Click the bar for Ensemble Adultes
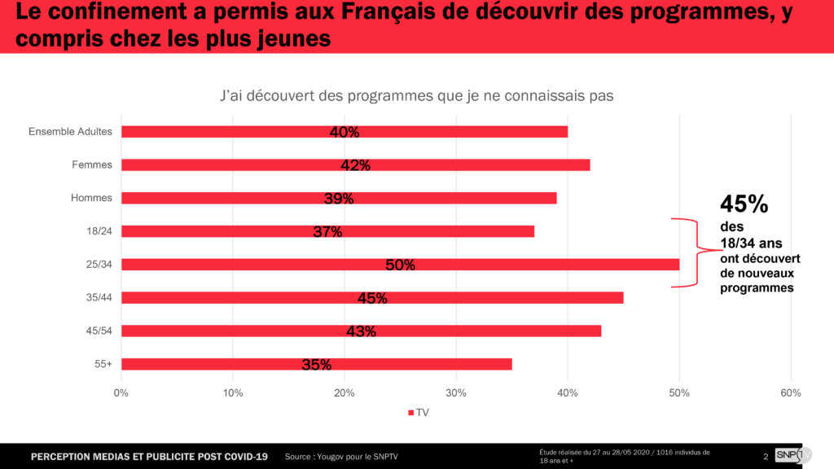[244, 132]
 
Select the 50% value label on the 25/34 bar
[401, 265]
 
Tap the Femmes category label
[92, 164]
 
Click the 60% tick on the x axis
[790, 393]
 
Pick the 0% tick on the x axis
[121, 393]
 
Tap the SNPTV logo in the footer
[789, 455]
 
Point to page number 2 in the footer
[766, 456]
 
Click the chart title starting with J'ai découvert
[416, 95]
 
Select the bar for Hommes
[244, 198]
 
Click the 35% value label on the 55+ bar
[316, 365]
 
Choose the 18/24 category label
[99, 231]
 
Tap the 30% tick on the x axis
[456, 393]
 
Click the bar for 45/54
[244, 331]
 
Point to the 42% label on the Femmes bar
[356, 165]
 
